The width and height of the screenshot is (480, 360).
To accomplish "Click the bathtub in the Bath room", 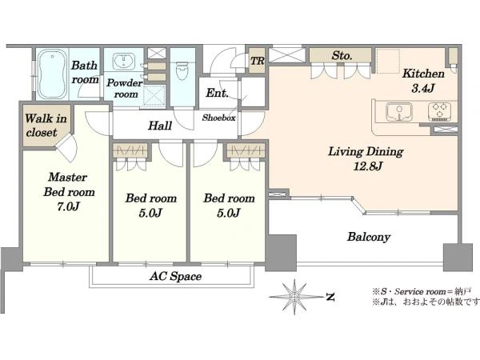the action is click(x=52, y=74).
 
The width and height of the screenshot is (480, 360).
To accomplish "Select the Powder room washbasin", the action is click(x=124, y=62).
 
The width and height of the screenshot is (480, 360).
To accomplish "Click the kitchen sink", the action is click(x=399, y=112).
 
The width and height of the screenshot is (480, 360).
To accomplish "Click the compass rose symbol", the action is click(x=294, y=297).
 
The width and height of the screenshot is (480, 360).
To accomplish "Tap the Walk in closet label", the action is click(x=46, y=126).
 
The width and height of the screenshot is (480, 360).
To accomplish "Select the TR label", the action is click(x=257, y=61).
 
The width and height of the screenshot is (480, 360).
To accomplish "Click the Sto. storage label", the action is click(x=342, y=56).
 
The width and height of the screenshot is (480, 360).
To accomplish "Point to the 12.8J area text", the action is click(x=368, y=166).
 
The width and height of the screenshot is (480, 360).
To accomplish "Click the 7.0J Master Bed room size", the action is click(x=68, y=206).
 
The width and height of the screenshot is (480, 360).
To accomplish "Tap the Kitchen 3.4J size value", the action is click(x=422, y=89).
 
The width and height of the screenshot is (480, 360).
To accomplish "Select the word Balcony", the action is click(x=369, y=237).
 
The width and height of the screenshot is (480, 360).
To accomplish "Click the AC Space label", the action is click(x=175, y=277).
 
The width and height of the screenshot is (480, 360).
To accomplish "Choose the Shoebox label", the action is click(x=218, y=118).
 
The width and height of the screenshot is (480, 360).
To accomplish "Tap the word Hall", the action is click(x=160, y=126).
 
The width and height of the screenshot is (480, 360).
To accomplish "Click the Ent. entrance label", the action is click(x=217, y=93).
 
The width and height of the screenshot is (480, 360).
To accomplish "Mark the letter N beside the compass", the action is click(x=330, y=297).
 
